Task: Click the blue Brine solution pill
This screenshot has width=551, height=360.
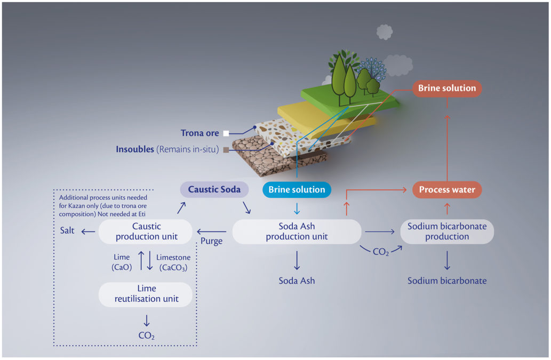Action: click(297, 190)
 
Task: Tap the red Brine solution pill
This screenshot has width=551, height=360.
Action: click(447, 88)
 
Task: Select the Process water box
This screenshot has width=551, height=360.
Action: click(447, 190)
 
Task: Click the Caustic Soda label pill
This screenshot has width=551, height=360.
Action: click(214, 189)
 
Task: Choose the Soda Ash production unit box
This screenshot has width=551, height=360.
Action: click(297, 231)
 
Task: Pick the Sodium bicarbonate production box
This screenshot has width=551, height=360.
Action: click(447, 231)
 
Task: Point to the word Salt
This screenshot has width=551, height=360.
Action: click(67, 230)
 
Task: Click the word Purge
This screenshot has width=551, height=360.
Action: click(212, 241)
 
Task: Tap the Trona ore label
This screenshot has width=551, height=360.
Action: click(199, 133)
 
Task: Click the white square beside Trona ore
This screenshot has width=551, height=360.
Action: click(226, 133)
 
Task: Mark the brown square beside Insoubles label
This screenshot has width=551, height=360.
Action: click(226, 150)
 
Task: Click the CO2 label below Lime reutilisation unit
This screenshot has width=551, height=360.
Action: click(147, 335)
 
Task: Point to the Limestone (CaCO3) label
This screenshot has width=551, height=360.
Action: click(173, 262)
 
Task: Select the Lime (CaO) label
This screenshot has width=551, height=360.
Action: click(122, 262)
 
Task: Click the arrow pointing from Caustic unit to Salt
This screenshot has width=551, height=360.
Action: click(88, 231)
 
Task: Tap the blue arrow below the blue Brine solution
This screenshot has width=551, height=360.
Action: click(297, 209)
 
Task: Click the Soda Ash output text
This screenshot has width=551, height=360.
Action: click(297, 281)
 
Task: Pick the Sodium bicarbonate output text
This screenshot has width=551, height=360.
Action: click(447, 281)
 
